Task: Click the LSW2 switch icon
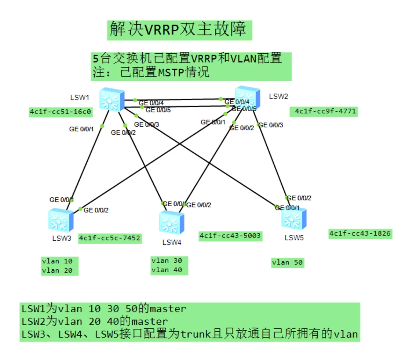[x=248, y=98]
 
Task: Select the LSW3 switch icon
[x=61, y=221]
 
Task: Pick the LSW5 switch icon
[x=294, y=219]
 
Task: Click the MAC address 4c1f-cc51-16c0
[x=60, y=112]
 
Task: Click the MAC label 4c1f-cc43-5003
[x=230, y=236]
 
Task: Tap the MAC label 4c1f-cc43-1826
[x=360, y=234]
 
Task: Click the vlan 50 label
[x=287, y=263]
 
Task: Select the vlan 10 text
[x=57, y=261]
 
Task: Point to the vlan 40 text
[x=167, y=270]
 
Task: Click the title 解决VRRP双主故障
[x=179, y=30]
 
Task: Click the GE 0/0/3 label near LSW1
[x=147, y=124]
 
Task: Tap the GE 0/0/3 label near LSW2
[x=271, y=125]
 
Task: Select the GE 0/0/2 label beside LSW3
[x=96, y=211]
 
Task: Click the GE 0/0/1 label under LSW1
[x=81, y=129]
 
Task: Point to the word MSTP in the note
[x=171, y=72]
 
